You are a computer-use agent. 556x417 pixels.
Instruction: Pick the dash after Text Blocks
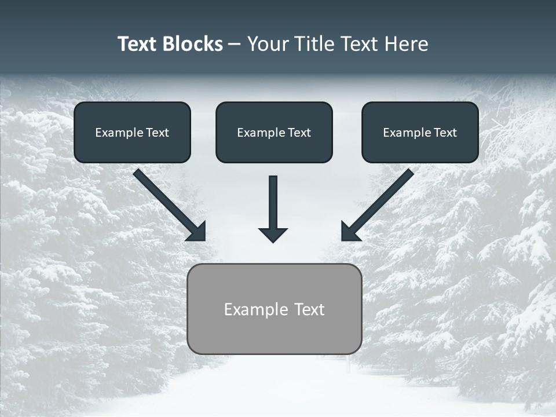click(x=235, y=44)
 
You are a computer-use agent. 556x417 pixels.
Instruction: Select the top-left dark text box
click(x=132, y=132)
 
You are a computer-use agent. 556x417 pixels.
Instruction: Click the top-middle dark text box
click(x=274, y=132)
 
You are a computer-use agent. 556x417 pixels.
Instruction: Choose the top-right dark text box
click(x=420, y=132)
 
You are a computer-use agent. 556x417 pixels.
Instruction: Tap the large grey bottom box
click(x=274, y=309)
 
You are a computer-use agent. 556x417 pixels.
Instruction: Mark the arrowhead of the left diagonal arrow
click(x=197, y=232)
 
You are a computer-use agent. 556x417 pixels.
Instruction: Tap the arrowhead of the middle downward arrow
click(x=273, y=234)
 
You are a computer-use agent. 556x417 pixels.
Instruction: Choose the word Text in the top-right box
click(x=445, y=133)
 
